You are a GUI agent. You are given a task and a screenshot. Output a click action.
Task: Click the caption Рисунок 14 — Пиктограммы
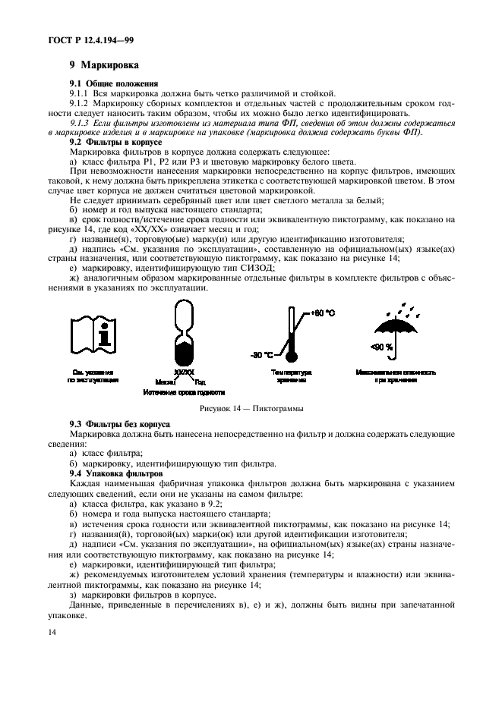(251, 409)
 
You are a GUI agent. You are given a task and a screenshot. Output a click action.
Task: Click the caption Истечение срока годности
(184, 392)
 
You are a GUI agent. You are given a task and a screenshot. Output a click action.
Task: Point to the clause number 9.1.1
(81, 93)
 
